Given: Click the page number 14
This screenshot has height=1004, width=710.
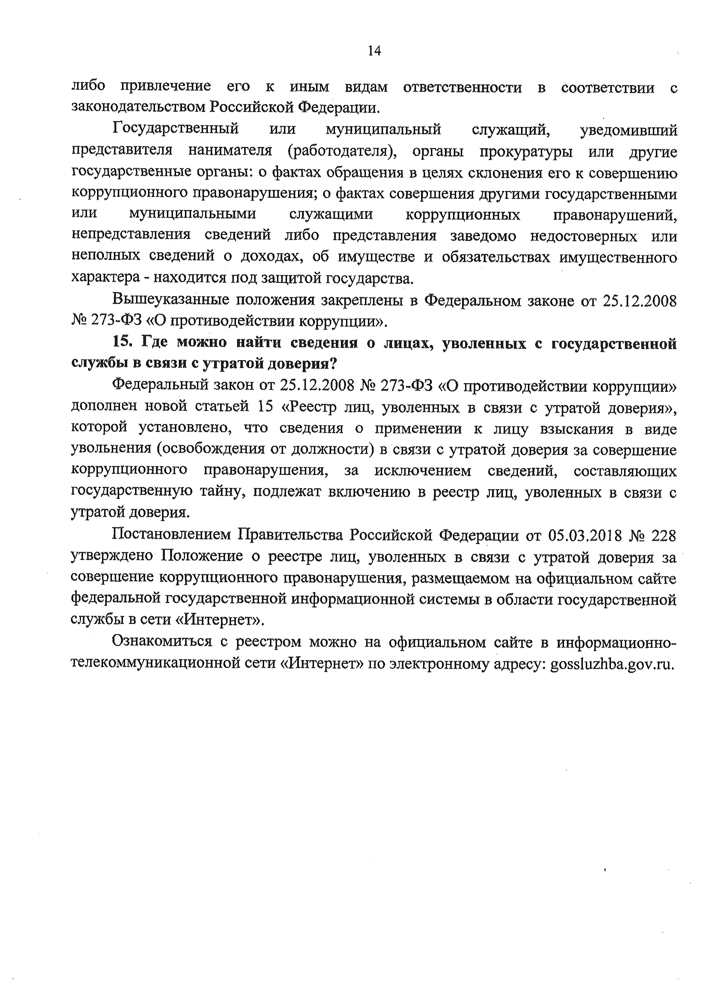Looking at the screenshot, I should click(374, 51).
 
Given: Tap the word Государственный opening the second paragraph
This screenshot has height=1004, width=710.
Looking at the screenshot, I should click(176, 130).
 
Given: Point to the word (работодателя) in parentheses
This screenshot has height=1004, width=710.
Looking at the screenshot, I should click(342, 151).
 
